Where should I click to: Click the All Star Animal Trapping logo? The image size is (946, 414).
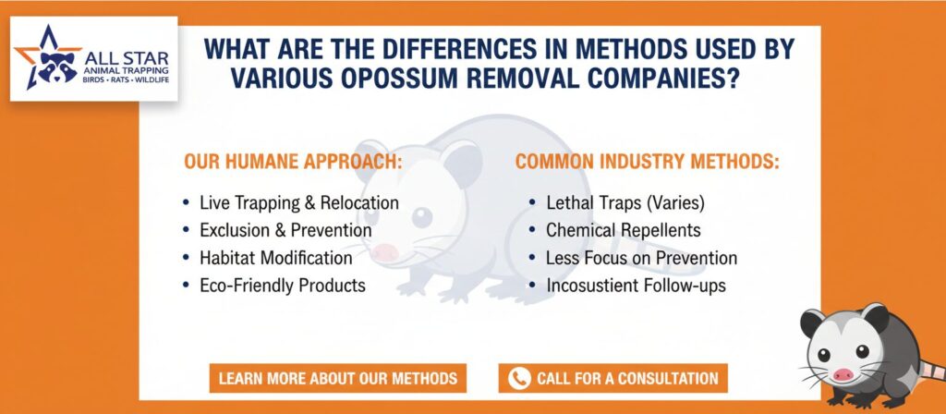click(94, 58)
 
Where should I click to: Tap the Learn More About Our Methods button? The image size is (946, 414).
click(338, 378)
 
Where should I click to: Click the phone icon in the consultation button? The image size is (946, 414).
click(519, 378)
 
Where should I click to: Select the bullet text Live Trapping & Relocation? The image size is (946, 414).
click(299, 202)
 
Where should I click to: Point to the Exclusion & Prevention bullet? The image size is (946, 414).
click(285, 230)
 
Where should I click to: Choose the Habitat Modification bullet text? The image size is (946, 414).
click(275, 258)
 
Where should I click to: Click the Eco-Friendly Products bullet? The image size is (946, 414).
click(283, 285)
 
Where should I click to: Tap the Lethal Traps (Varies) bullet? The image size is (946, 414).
click(625, 202)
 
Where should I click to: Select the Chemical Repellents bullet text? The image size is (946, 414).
click(624, 230)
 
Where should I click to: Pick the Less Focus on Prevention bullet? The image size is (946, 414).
click(641, 258)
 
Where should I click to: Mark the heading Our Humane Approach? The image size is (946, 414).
click(293, 162)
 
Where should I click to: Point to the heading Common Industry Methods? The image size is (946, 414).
click(648, 162)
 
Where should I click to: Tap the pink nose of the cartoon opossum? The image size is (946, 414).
click(843, 375)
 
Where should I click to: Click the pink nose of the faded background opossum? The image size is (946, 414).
click(384, 251)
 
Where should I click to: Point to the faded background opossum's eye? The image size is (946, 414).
click(421, 216)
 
